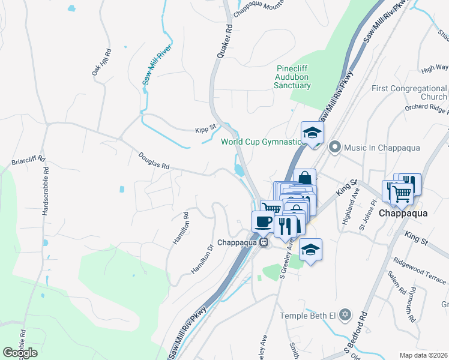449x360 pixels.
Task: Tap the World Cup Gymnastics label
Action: (x=264, y=142)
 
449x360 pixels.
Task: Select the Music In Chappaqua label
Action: (x=382, y=148)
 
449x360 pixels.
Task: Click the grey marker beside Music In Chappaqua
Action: (x=335, y=147)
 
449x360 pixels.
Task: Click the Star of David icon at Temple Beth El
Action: (x=345, y=315)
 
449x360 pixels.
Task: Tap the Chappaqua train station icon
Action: (x=264, y=242)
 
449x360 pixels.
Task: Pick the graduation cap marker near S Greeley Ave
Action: (x=310, y=248)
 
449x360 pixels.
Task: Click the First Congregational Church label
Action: (x=409, y=92)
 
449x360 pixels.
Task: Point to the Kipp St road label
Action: (x=205, y=130)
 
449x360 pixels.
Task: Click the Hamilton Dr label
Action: (x=202, y=259)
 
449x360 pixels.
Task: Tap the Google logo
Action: (x=20, y=353)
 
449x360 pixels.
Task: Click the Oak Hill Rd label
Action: (x=102, y=62)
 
